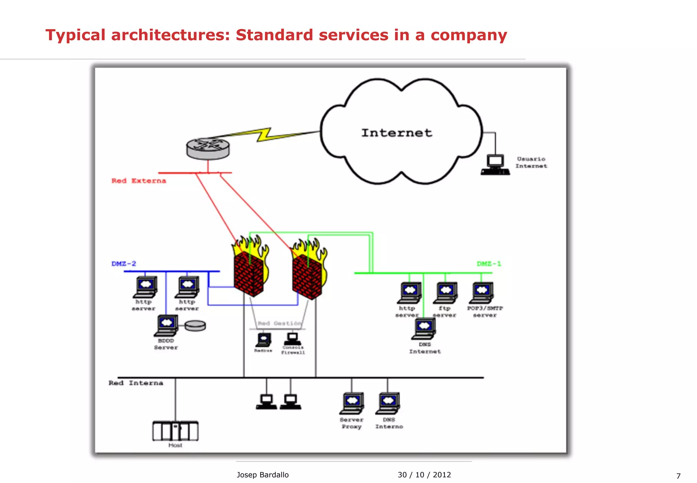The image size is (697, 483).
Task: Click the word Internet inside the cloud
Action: click(396, 133)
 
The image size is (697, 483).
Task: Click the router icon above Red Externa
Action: click(208, 149)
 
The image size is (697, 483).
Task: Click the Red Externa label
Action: click(139, 181)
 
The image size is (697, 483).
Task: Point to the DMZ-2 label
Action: click(124, 264)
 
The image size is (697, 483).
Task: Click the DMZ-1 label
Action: click(489, 264)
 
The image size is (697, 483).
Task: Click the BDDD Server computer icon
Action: click(166, 325)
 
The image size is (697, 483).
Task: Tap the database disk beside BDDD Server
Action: click(195, 326)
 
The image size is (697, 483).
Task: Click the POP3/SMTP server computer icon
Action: click(482, 293)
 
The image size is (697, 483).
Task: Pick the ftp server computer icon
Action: click(445, 293)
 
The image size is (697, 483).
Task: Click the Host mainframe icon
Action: click(175, 431)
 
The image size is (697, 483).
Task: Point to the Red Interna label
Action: click(136, 383)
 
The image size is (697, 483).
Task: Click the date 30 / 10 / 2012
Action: click(424, 475)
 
